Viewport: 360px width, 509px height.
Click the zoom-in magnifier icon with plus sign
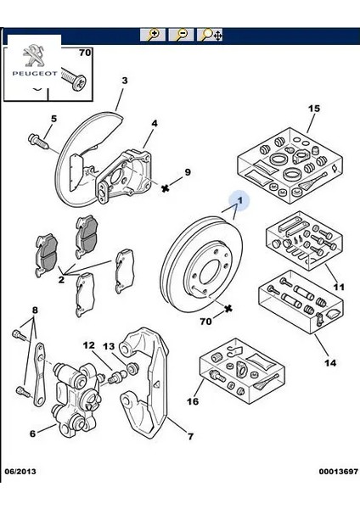(x=153, y=35)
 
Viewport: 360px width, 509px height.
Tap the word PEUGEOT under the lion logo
(x=33, y=74)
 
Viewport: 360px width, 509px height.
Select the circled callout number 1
(x=240, y=201)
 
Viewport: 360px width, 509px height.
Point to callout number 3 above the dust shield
(x=124, y=81)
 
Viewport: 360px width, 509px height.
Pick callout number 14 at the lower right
(x=330, y=363)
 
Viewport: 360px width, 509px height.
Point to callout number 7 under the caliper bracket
(x=191, y=437)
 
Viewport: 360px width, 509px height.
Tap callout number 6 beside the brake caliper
(x=32, y=433)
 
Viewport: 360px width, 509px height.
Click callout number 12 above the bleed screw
(x=89, y=345)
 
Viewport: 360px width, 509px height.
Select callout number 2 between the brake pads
(x=61, y=277)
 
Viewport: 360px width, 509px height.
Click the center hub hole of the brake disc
(x=205, y=273)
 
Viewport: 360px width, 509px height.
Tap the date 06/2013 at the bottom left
(x=21, y=495)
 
